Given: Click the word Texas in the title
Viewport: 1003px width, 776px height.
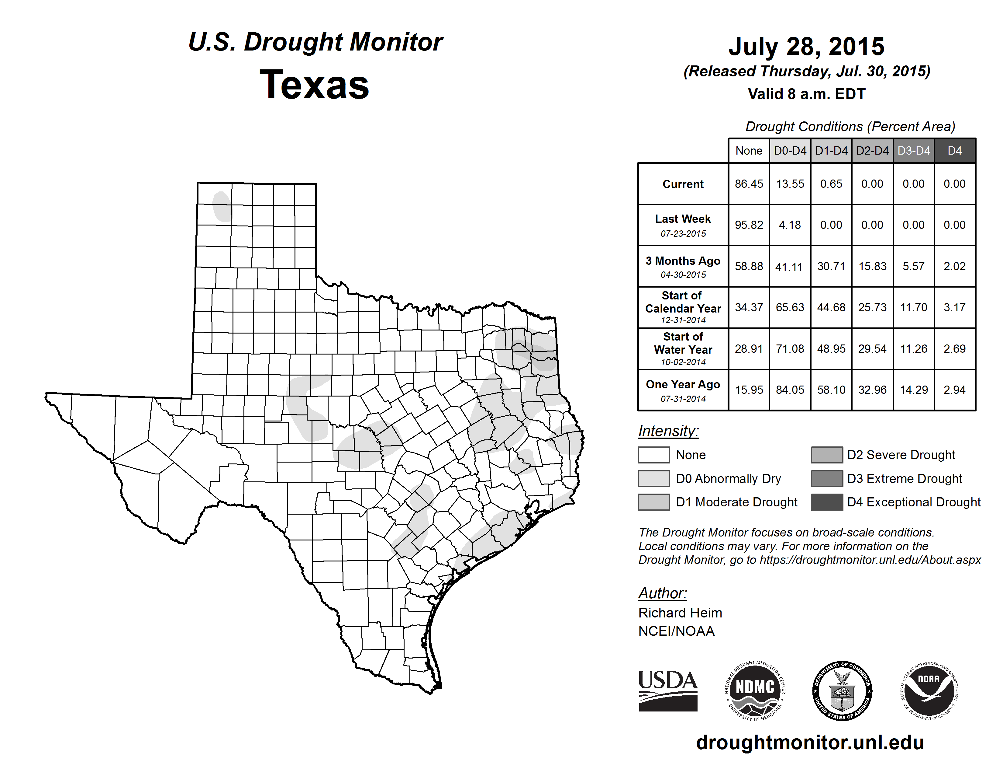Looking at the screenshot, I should point(314,85).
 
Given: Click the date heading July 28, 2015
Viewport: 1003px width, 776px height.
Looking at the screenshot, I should point(806,47).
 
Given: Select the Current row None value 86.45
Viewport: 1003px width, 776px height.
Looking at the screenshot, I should point(749,184).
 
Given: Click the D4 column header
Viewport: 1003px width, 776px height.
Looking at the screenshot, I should point(954,151).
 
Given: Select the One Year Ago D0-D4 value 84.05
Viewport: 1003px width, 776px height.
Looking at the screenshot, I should point(790,390).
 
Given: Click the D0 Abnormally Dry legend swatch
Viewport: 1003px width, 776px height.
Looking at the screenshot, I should point(653,479).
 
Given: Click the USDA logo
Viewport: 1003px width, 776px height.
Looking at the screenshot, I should point(668,690).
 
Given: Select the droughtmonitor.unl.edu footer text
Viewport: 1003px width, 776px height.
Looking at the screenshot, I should point(810,743).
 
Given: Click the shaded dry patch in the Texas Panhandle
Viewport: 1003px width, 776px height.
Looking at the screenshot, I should point(222,206).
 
